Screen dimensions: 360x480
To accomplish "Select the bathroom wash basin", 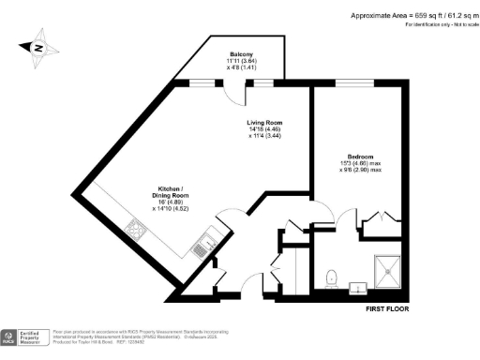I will (x=357, y=286).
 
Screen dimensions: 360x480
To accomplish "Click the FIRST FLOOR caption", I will (x=386, y=307).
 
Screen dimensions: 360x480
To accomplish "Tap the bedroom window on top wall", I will (x=352, y=84).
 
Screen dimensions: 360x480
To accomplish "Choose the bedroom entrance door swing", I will (x=346, y=223).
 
